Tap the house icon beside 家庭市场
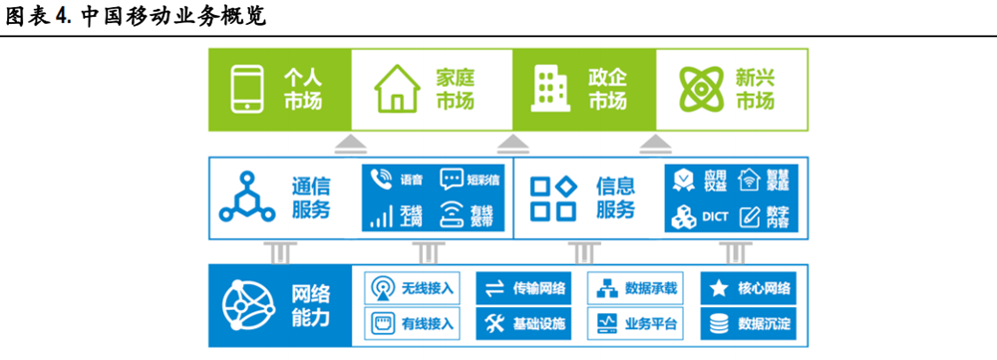click(396, 88)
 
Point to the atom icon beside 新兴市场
click(701, 88)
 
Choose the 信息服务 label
click(615, 197)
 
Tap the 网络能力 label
click(312, 306)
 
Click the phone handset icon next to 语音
click(381, 180)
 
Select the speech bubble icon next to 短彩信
click(453, 180)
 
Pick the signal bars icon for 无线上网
click(381, 216)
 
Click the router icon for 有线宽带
click(453, 216)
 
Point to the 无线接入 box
click(415, 289)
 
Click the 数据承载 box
click(638, 289)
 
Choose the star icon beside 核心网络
click(718, 289)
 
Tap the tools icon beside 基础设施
click(495, 323)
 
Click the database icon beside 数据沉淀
click(718, 323)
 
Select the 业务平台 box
click(638, 323)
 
